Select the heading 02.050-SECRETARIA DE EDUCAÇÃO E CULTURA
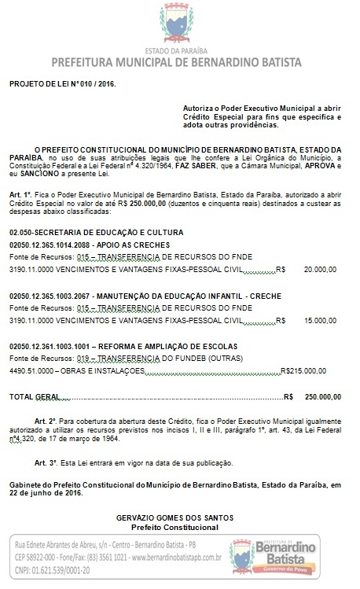click(x=97, y=232)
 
